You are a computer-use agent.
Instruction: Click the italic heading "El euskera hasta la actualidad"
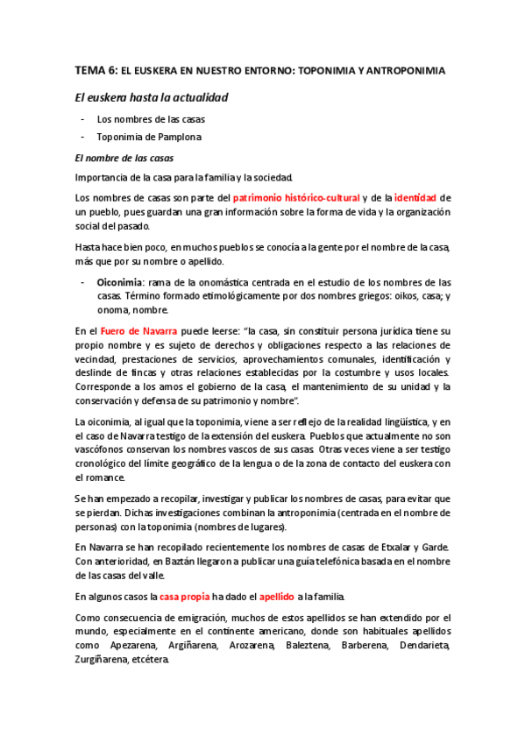point(153,96)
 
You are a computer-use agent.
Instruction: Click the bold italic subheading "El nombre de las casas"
point(124,158)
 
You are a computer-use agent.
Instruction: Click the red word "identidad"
point(415,198)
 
